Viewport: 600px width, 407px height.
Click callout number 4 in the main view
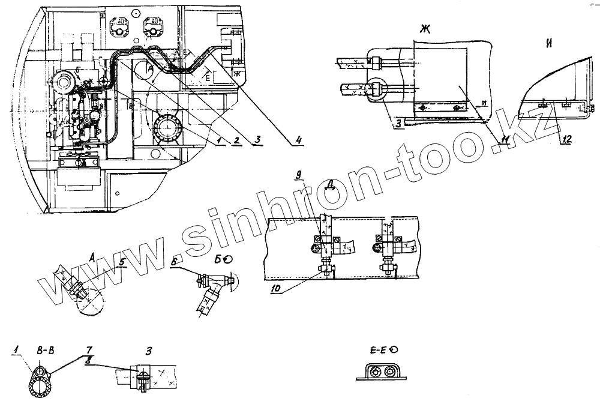coord(298,141)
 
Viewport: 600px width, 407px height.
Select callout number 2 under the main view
coord(236,140)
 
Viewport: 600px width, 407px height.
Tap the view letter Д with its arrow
coord(329,187)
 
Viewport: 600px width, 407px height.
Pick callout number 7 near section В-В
coord(88,348)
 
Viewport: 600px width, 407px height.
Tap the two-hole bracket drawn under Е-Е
coord(382,372)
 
